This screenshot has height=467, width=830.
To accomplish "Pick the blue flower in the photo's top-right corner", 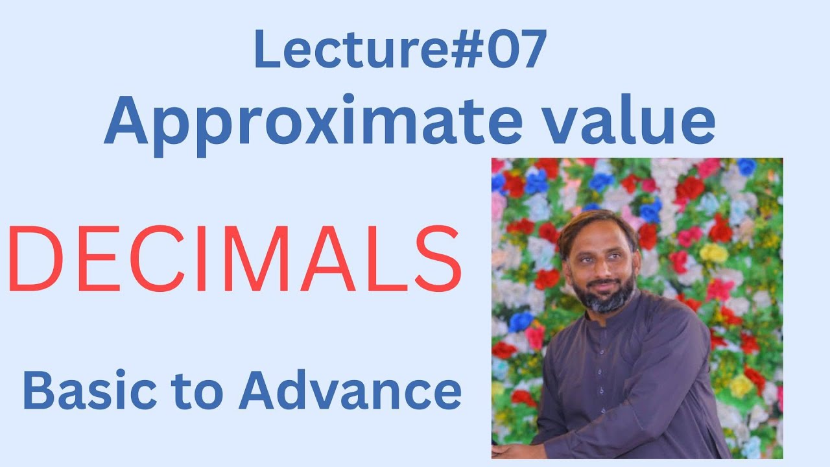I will pyautogui.click(x=746, y=167).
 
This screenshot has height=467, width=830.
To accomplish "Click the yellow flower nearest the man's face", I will pyautogui.click(x=713, y=253).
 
